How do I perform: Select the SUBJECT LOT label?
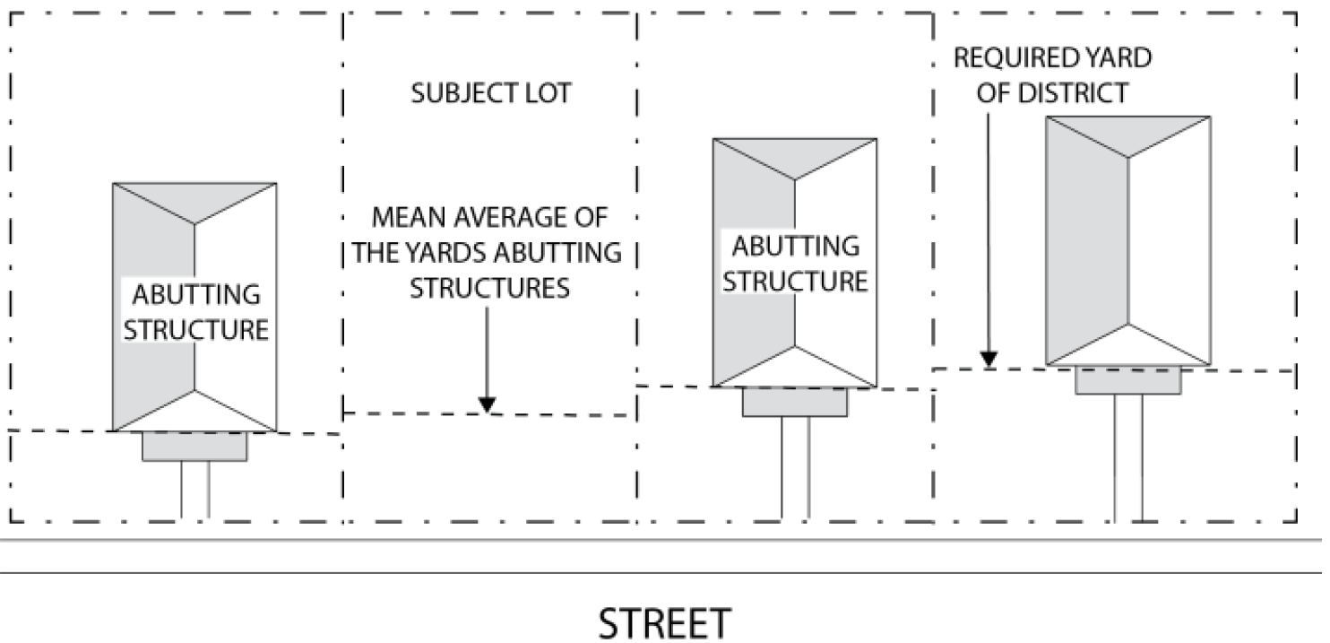pos(490,93)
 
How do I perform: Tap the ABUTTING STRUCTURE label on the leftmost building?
pos(195,312)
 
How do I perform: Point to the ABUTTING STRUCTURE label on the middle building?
pos(795,263)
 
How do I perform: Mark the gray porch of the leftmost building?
pos(194,447)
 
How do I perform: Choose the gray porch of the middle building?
pos(795,403)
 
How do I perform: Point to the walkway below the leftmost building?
pos(195,491)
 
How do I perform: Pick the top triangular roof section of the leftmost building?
pos(194,197)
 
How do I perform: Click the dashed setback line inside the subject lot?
pos(412,413)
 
